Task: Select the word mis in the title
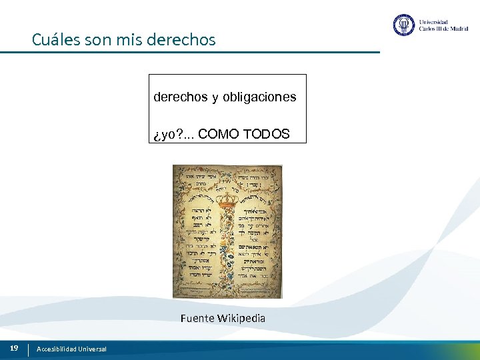131,40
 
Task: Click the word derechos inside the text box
181,97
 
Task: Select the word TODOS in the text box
267,134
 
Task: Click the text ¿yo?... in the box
173,135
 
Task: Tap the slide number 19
13,348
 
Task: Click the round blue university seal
404,25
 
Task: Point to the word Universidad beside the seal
433,21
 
